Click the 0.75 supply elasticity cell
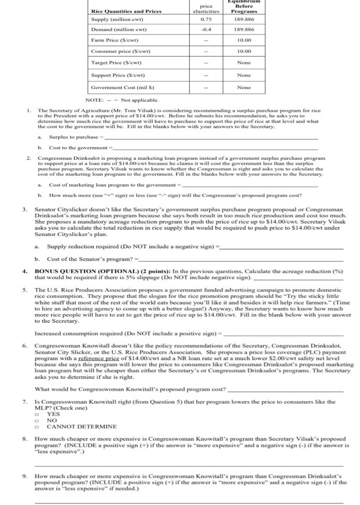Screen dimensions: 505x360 click(200, 20)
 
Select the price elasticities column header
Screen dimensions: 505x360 click(200, 8)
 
